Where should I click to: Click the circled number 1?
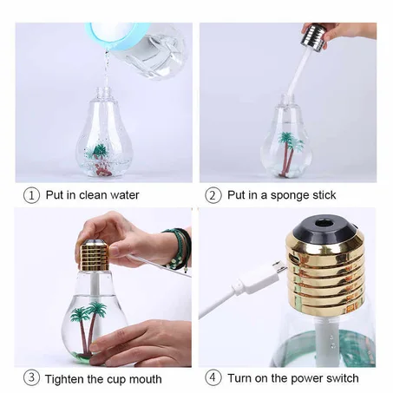tap(31, 195)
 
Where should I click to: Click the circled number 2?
tap(213, 195)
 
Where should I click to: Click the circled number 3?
tap(31, 378)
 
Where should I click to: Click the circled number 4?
tap(213, 378)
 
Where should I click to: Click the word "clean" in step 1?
tap(91, 195)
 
